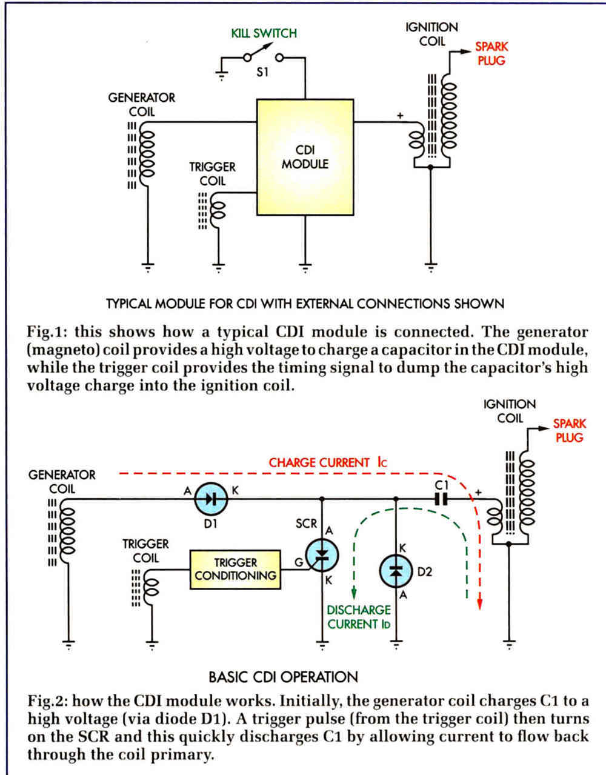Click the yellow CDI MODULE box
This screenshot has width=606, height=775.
click(x=305, y=158)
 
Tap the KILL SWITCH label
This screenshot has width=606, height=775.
click(x=264, y=33)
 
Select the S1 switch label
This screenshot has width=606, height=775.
click(x=262, y=72)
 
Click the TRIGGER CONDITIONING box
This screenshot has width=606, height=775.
click(x=235, y=570)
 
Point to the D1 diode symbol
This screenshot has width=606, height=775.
click(x=211, y=499)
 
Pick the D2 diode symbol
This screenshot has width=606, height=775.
click(x=396, y=571)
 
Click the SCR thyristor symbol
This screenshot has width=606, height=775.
click(x=322, y=555)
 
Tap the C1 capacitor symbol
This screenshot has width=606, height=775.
click(x=441, y=499)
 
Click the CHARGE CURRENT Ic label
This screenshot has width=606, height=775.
click(x=328, y=462)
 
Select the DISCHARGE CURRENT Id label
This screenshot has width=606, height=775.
click(x=359, y=617)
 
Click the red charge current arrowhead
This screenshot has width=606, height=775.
click(x=480, y=603)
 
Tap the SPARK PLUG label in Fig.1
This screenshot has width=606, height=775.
click(x=491, y=53)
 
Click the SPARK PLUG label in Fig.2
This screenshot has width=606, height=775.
click(x=570, y=430)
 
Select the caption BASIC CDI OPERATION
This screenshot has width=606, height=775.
click(x=283, y=677)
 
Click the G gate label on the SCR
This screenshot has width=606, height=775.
click(x=299, y=562)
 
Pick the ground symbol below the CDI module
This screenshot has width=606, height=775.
click(x=305, y=268)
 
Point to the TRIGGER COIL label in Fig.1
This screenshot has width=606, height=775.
click(x=212, y=174)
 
